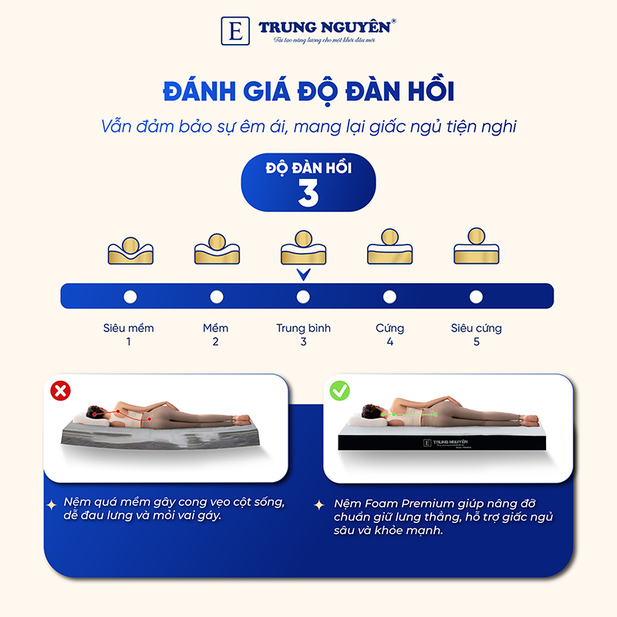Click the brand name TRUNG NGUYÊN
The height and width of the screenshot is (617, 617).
[327, 26]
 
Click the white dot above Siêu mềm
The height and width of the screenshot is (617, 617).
[130, 296]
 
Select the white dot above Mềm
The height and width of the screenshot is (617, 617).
[217, 296]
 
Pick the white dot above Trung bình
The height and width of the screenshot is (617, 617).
[303, 296]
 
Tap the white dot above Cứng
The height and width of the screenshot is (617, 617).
[389, 296]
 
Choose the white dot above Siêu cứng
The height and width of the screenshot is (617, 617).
[476, 296]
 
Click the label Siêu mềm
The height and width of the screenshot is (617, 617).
[129, 328]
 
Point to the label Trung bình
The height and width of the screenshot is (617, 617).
[303, 328]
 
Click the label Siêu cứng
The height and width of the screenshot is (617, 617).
[476, 328]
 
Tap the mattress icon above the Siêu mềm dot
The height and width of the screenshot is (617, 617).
[130, 247]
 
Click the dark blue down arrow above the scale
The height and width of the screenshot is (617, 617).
[303, 274]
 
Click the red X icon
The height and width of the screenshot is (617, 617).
[59, 391]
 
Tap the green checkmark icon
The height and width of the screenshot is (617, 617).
[339, 391]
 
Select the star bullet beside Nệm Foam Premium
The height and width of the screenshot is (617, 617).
[319, 504]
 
